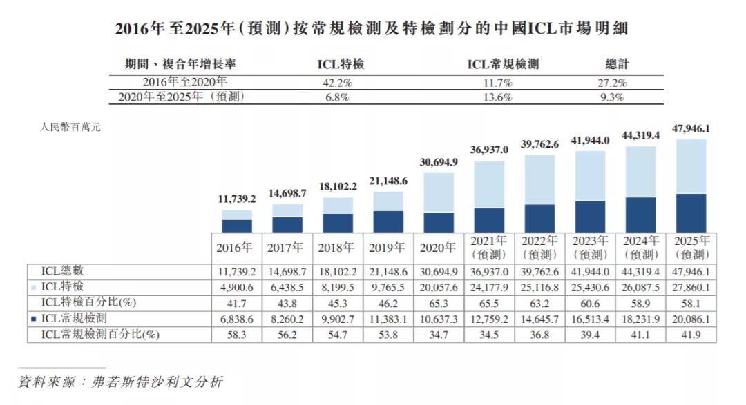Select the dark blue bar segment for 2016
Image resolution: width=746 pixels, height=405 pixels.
[237, 226]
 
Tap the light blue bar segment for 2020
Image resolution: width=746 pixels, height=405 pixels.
[439, 192]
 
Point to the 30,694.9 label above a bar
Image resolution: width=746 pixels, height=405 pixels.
[439, 162]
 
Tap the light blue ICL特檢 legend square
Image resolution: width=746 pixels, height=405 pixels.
[35, 286]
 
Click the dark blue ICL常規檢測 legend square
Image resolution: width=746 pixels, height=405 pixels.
[35, 318]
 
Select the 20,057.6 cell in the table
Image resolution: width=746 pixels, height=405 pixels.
[439, 286]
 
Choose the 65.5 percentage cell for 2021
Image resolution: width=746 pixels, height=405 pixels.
[489, 302]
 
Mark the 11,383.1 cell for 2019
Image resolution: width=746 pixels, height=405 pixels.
[388, 318]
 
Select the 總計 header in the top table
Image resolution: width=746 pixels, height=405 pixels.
[618, 64]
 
